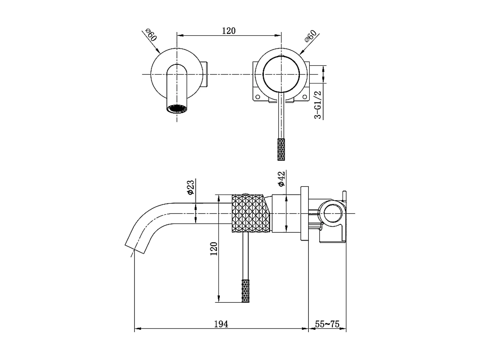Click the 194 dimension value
coord(221,324)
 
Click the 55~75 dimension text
coord(327,324)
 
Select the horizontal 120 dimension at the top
coord(229,31)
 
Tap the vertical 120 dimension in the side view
coord(214,249)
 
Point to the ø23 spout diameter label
coord(190,187)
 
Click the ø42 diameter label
coord(281,179)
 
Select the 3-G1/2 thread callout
coord(318,105)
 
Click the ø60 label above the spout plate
coord(151,35)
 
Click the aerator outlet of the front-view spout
coord(177,109)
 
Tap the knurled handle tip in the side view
coord(245,291)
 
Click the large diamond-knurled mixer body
coord(251,213)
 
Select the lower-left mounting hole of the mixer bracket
coord(258,97)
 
